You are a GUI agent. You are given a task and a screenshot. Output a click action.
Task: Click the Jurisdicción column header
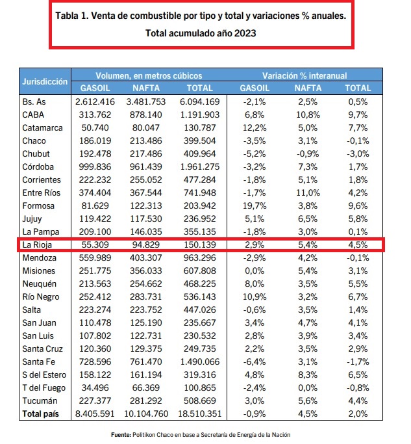[x=45, y=81]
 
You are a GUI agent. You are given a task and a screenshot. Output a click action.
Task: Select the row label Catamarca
[x=42, y=127]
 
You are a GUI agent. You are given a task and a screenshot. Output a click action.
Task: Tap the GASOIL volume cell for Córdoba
[x=95, y=167]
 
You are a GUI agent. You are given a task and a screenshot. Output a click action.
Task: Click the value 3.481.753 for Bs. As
[x=146, y=101]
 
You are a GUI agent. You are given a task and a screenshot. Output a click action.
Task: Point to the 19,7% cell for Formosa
[x=255, y=206]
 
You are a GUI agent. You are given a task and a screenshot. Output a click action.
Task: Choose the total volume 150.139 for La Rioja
[x=200, y=244]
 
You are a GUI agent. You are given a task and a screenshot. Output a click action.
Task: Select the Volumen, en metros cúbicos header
[x=149, y=75]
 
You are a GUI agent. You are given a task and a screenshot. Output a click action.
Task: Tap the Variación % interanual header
[x=305, y=75]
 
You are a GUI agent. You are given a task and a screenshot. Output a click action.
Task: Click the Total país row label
[x=41, y=413]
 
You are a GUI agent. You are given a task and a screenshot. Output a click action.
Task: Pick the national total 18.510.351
[x=200, y=413]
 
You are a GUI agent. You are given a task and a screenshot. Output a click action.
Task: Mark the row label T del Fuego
[x=44, y=387]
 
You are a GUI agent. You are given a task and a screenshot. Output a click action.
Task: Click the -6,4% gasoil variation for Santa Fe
[x=255, y=361]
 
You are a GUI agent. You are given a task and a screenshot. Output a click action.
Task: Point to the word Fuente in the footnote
[x=121, y=435]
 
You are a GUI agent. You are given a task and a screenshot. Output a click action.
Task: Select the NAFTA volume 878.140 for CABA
[x=146, y=114]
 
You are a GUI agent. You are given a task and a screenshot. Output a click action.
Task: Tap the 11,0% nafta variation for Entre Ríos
[x=308, y=193]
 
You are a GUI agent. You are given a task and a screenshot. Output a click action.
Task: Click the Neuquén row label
[x=40, y=283]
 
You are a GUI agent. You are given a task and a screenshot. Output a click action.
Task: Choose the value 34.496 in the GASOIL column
[x=95, y=387]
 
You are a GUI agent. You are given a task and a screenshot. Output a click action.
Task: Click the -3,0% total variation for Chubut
[x=358, y=154]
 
